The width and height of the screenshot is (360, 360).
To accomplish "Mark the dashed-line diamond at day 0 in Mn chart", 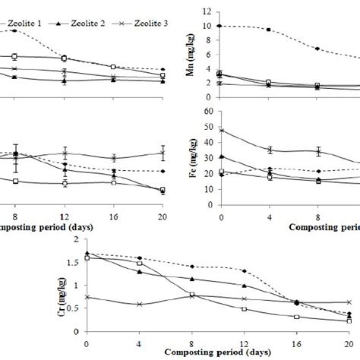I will [220, 26].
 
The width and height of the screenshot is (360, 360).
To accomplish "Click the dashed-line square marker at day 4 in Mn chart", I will [269, 30].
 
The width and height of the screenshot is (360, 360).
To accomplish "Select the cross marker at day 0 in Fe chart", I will [220, 130].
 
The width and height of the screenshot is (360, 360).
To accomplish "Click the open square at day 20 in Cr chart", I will [349, 321].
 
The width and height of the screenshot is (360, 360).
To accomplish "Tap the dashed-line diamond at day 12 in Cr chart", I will [244, 270].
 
